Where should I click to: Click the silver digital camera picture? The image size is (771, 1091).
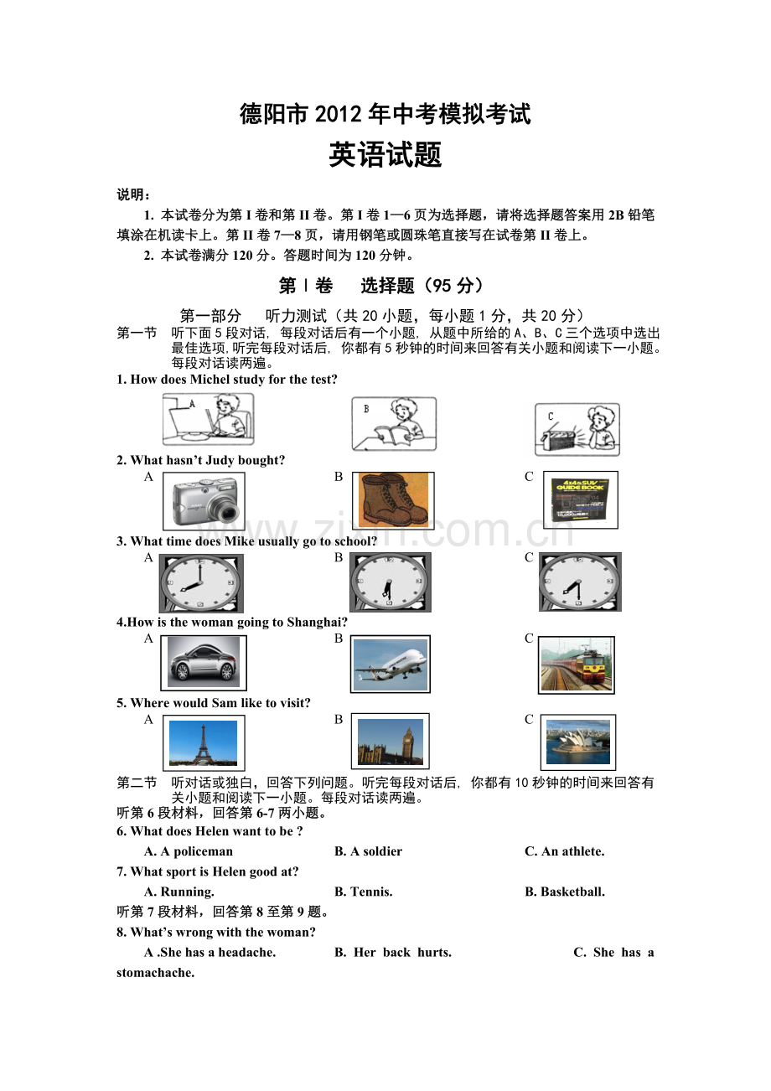click(204, 501)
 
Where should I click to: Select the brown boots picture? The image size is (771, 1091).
click(393, 500)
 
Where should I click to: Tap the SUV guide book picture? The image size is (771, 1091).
click(581, 499)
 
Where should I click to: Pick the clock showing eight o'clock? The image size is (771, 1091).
click(201, 582)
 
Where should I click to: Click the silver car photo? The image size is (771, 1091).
click(204, 663)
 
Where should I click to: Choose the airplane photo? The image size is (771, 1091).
click(391, 664)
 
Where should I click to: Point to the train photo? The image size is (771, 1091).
click(577, 664)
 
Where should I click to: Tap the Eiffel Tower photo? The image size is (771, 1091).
click(204, 742)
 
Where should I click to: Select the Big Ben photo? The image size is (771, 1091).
click(391, 742)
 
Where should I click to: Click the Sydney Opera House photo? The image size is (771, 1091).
click(578, 742)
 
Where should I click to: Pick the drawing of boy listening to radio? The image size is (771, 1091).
click(577, 430)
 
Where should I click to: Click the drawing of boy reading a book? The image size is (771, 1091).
click(394, 424)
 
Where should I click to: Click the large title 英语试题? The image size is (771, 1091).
click(385, 155)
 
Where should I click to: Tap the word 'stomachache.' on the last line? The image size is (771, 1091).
click(155, 972)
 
